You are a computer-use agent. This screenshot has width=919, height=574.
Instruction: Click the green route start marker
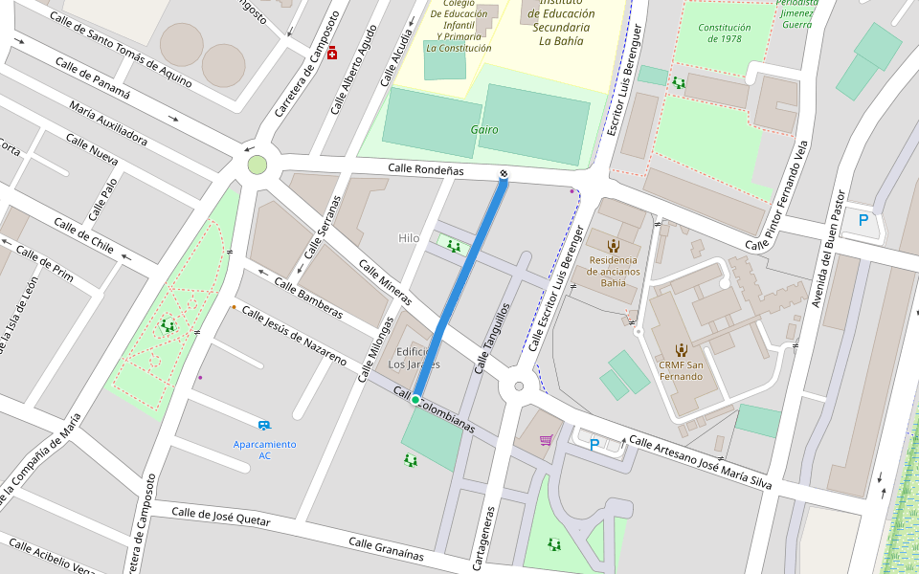click(x=415, y=400)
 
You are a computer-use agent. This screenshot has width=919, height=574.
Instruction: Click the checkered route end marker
click(x=504, y=173)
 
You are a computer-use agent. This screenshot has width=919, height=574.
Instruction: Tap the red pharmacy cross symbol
click(x=332, y=53)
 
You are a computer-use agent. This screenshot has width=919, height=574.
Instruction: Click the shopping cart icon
click(x=546, y=440)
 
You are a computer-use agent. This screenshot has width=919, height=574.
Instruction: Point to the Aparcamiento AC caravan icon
click(x=263, y=425)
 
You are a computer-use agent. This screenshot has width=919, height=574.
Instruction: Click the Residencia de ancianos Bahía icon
click(x=613, y=246)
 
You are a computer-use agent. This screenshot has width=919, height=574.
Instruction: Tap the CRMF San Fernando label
click(x=681, y=370)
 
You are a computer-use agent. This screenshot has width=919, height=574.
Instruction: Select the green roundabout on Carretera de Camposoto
click(x=257, y=165)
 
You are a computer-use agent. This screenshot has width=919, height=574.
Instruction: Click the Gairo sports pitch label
click(x=484, y=129)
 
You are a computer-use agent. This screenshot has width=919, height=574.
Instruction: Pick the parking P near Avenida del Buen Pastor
click(x=863, y=220)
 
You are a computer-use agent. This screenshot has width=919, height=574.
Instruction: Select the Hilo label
click(x=409, y=238)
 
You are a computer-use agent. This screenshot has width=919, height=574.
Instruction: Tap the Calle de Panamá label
click(x=92, y=78)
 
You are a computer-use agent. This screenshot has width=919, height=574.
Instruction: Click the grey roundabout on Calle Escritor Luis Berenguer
click(x=519, y=386)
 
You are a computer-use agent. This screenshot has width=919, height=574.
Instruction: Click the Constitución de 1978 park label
click(x=724, y=33)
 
